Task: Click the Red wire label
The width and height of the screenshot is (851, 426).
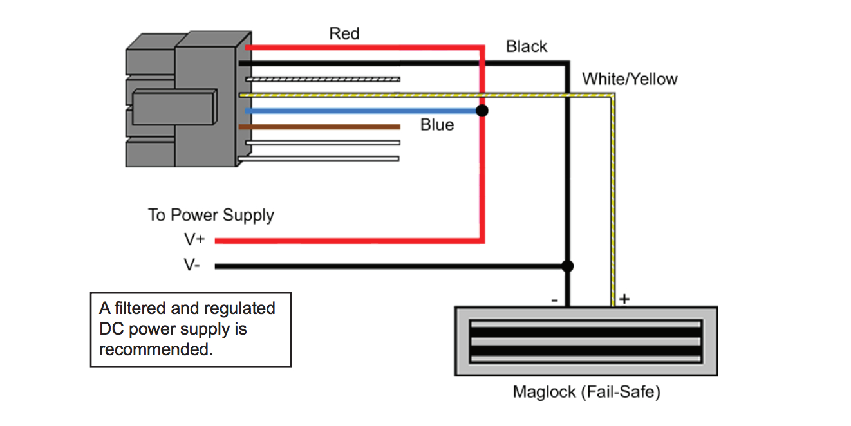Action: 344,33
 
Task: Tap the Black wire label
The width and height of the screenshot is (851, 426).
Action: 526,46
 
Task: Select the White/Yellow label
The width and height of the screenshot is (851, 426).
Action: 630,79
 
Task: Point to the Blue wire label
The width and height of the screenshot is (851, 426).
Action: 436,125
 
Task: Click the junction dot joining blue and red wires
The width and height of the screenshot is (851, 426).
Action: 482,111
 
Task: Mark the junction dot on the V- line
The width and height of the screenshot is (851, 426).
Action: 567,266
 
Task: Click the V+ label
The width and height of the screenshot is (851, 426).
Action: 194,240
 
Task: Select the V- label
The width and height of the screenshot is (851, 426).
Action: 192,265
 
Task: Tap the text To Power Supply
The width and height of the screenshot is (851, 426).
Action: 211,215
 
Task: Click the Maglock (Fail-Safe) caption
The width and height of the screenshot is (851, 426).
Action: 586,391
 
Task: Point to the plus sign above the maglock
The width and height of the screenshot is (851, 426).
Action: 624,299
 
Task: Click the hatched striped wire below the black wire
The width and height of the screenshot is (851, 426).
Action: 322,79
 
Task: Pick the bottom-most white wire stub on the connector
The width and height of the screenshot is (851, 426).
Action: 322,158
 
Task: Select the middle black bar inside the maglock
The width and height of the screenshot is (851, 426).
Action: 586,341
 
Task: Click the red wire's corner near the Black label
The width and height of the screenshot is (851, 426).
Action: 482,48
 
